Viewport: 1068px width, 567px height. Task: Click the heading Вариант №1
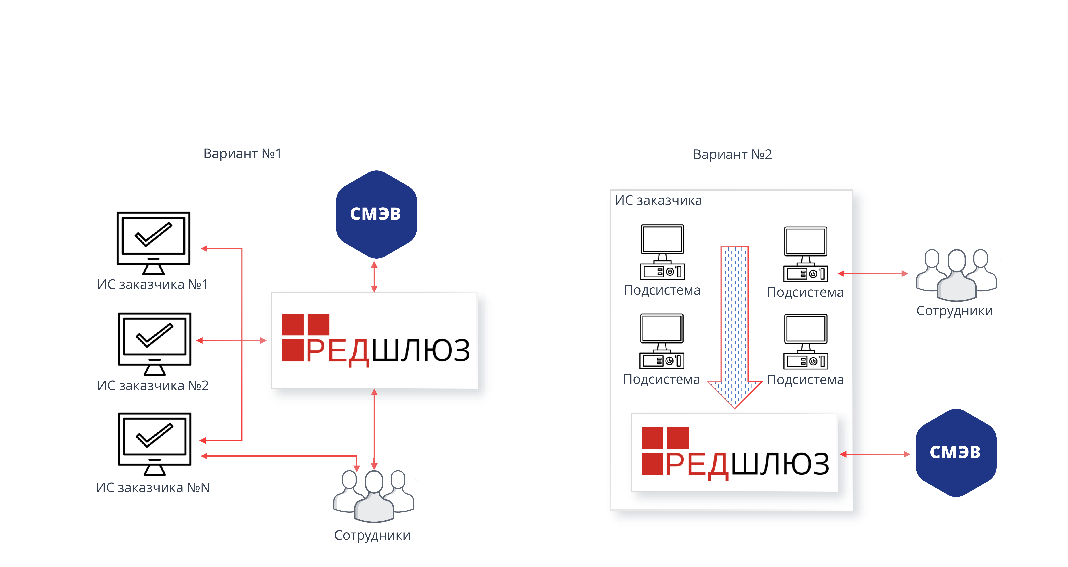[x=242, y=153]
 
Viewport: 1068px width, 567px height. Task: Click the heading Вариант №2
[x=732, y=154]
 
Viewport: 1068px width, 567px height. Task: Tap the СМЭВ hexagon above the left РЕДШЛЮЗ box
[x=376, y=214]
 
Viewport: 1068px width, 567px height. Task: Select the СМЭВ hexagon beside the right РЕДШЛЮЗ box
[x=956, y=453]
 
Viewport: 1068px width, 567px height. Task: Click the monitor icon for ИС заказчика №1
[x=153, y=243]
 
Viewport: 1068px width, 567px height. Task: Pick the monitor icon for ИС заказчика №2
[x=155, y=343]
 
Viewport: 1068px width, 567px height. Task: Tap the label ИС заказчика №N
[x=153, y=487]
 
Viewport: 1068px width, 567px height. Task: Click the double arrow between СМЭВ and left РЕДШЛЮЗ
[x=374, y=277]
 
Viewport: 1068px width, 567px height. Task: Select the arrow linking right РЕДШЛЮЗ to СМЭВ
[x=875, y=454]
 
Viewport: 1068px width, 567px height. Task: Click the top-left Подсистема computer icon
[x=662, y=252]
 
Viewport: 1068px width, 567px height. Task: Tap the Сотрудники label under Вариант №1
[x=372, y=535]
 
